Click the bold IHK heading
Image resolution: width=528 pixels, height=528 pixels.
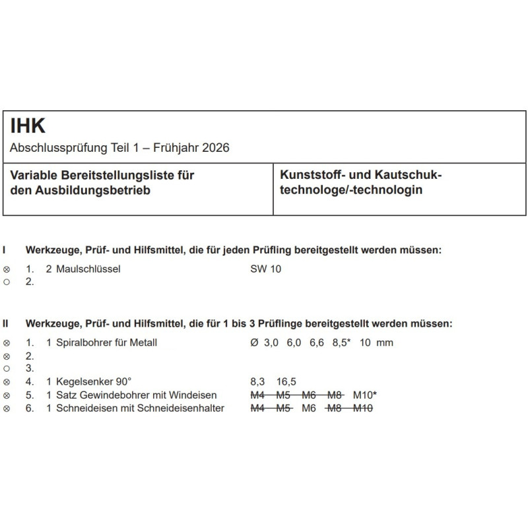(x=28, y=125)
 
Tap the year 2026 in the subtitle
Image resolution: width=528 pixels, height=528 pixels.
(x=216, y=148)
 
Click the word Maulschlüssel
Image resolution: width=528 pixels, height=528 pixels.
(x=88, y=269)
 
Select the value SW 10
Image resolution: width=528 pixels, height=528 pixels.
(x=265, y=269)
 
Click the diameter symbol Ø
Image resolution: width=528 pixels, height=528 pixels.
(x=254, y=343)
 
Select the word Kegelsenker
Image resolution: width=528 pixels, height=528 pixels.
(x=86, y=381)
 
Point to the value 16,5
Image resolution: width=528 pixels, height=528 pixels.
(x=287, y=381)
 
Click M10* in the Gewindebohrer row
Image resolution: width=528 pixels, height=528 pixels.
(x=366, y=395)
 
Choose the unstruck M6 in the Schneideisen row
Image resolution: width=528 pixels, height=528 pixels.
(x=310, y=408)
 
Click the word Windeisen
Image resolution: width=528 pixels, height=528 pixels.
(x=195, y=395)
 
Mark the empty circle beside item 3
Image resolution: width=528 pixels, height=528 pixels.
(x=7, y=368)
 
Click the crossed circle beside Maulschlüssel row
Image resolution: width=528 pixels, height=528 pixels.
(x=7, y=269)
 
